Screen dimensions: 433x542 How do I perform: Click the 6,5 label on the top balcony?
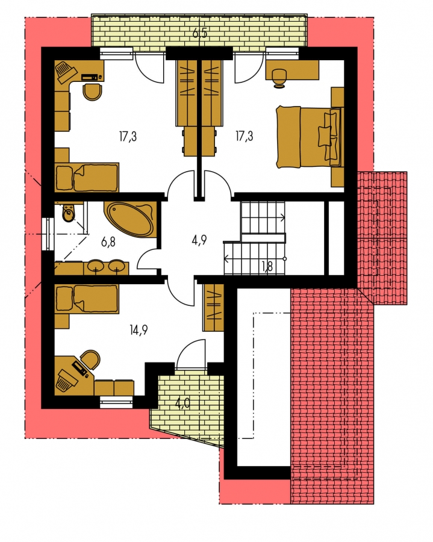[199, 34]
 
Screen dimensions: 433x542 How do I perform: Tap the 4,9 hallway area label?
[199, 240]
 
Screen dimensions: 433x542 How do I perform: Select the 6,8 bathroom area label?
[108, 242]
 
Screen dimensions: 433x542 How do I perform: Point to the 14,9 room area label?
[139, 330]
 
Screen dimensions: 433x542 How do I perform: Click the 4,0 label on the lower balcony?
[182, 403]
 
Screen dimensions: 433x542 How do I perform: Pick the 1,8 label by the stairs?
[267, 266]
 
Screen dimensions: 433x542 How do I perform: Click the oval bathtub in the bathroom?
[130, 219]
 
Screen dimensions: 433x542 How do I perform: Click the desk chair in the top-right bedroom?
[279, 76]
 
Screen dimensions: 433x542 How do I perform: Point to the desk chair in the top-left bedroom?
[93, 92]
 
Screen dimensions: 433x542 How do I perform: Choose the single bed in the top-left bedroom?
[87, 178]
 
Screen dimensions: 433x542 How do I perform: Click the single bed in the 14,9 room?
[87, 299]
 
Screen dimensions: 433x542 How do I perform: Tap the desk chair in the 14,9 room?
[90, 360]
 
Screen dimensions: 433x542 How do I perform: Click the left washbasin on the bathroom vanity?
[94, 267]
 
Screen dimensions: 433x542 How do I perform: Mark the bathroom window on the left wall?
[48, 234]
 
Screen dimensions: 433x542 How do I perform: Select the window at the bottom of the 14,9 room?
[116, 402]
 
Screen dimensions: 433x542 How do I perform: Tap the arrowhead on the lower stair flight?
[226, 258]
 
